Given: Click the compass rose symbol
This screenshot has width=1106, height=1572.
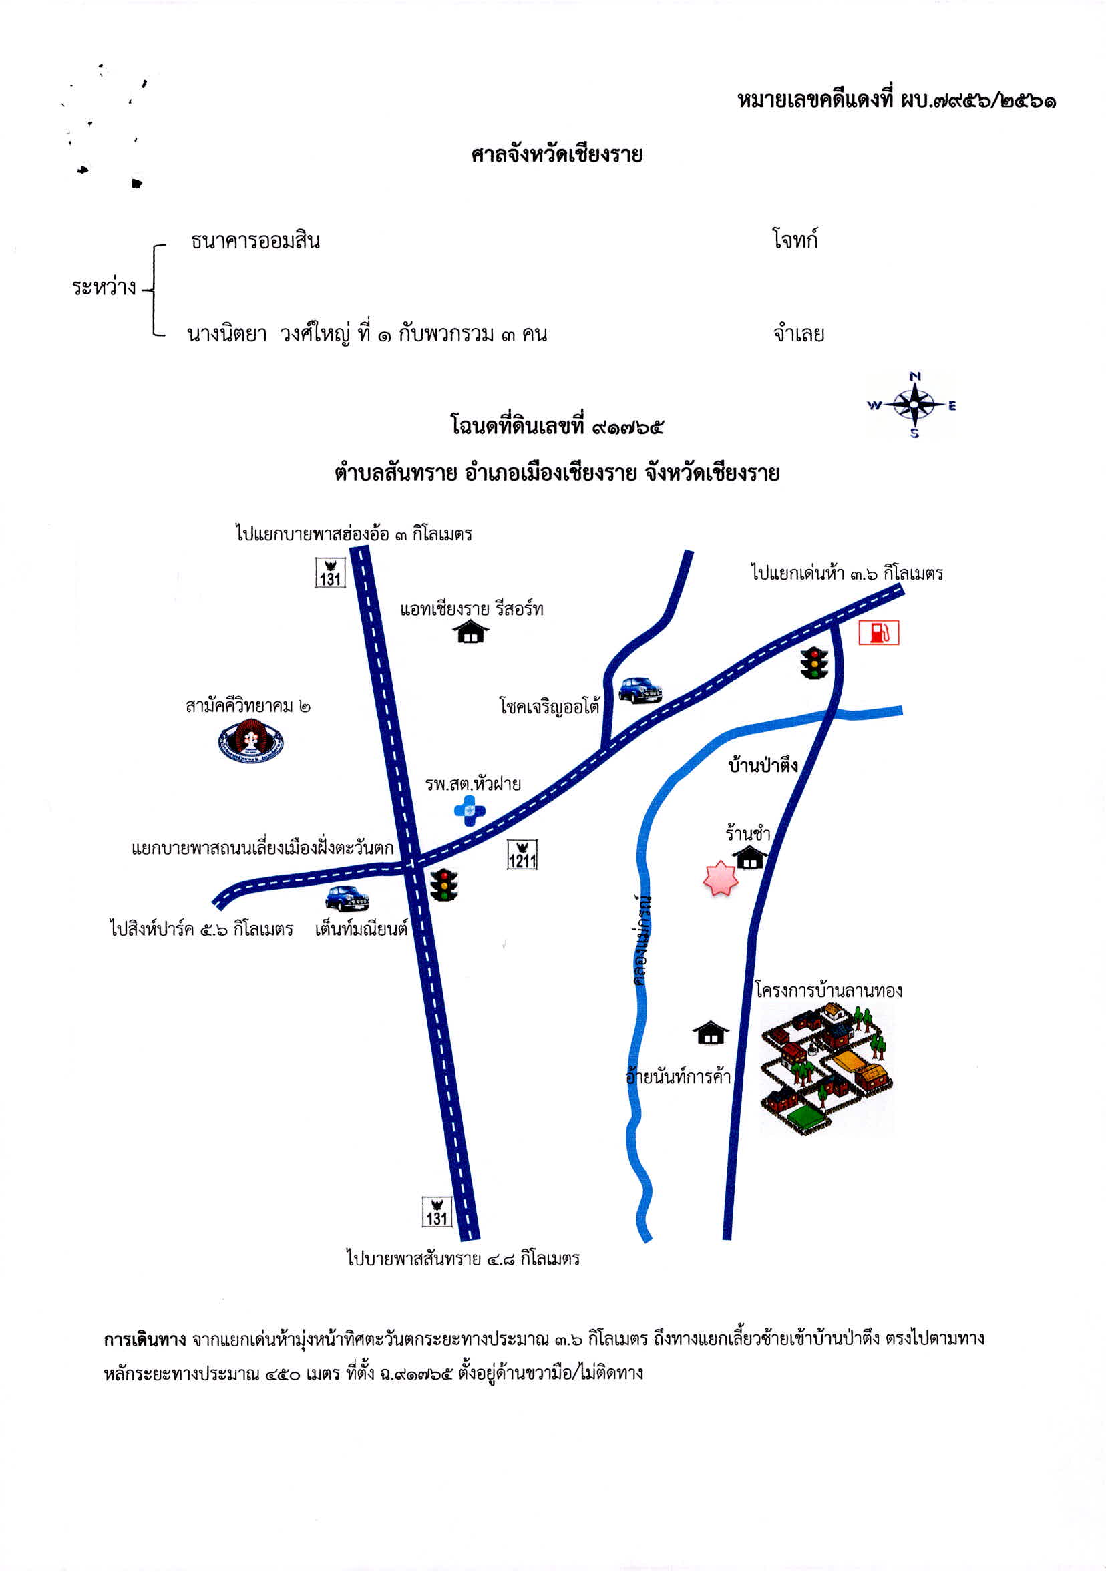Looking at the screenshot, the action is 914,405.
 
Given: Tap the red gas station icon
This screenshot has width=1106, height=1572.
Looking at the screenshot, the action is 879,632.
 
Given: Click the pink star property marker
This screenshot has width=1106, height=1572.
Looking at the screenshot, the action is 721,878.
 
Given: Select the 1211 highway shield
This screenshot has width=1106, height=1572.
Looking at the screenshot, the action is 522,855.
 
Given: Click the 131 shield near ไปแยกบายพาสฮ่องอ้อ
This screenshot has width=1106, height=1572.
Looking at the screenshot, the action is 330,572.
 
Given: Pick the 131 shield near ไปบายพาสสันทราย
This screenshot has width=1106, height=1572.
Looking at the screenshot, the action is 437,1211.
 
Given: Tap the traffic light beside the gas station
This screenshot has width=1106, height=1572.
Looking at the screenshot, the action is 814,662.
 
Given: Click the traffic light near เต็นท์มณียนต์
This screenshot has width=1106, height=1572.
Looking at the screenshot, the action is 444,885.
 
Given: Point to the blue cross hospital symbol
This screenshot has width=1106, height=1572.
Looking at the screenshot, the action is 470,811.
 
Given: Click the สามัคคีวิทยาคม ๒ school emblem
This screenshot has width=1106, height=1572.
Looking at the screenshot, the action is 250,741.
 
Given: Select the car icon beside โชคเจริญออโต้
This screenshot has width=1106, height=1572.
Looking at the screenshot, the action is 640,689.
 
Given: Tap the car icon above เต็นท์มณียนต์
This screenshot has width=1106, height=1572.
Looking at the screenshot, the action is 347,898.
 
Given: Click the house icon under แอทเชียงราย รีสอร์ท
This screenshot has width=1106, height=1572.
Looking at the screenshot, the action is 471,631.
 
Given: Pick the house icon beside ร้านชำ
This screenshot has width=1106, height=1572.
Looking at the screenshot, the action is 750,857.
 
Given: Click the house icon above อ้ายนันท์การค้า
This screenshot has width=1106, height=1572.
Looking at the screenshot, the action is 711,1032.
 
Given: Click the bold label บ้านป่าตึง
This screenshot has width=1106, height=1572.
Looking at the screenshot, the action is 763,765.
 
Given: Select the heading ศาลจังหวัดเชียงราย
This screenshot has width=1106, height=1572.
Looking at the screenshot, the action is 557,155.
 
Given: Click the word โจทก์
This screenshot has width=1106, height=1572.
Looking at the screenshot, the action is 795,240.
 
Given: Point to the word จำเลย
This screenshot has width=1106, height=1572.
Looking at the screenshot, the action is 799,333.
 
